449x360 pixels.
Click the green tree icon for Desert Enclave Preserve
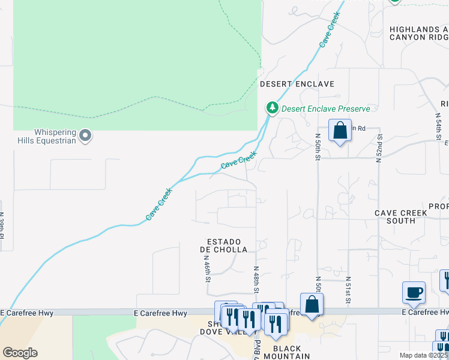tap(273, 108)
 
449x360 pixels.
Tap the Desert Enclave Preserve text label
tap(325, 109)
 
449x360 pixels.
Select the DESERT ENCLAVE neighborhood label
tap(297, 85)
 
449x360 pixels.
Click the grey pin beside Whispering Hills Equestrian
tap(85, 136)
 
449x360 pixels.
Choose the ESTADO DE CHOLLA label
tap(223, 245)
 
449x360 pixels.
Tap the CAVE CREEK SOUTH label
tap(401, 217)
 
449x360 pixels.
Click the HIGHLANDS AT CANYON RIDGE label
tap(418, 33)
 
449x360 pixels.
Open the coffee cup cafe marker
tap(414, 293)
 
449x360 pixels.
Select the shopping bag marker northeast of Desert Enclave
tap(340, 130)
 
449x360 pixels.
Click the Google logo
tap(20, 353)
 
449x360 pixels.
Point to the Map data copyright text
tap(424, 355)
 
